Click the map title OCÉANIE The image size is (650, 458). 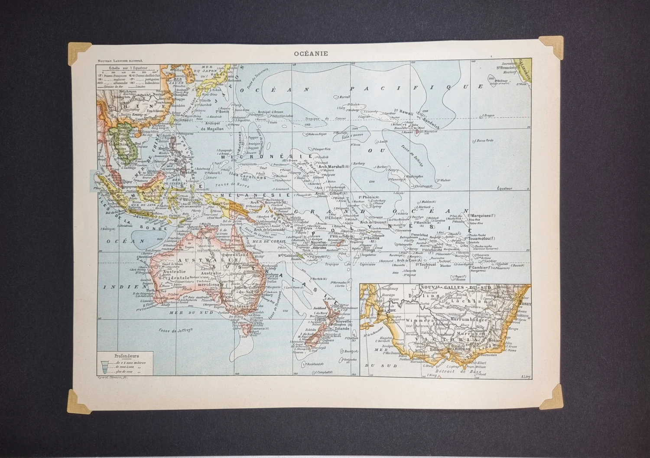pos(311,54)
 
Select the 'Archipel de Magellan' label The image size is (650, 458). pos(212,126)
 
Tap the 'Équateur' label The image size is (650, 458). pos(504,188)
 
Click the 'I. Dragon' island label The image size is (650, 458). pos(488,116)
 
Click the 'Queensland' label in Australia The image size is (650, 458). pos(235,255)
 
